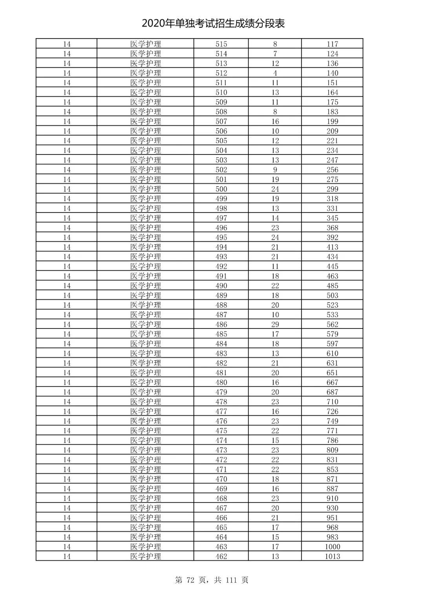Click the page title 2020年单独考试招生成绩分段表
point(213,24)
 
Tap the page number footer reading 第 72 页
point(191,580)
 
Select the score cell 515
point(221,44)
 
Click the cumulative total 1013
point(332,556)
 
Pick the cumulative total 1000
point(332,547)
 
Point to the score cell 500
point(221,189)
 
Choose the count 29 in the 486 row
point(275,324)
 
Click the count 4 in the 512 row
point(275,73)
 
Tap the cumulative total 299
point(332,189)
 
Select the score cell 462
point(221,556)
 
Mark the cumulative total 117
point(332,44)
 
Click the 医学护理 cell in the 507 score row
point(145,121)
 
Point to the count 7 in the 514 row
point(275,54)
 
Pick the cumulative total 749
point(332,421)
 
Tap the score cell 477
point(221,411)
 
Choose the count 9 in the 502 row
point(275,170)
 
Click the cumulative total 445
point(332,266)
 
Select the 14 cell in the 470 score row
point(67,479)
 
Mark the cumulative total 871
point(332,479)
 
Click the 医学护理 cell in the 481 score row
point(145,372)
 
